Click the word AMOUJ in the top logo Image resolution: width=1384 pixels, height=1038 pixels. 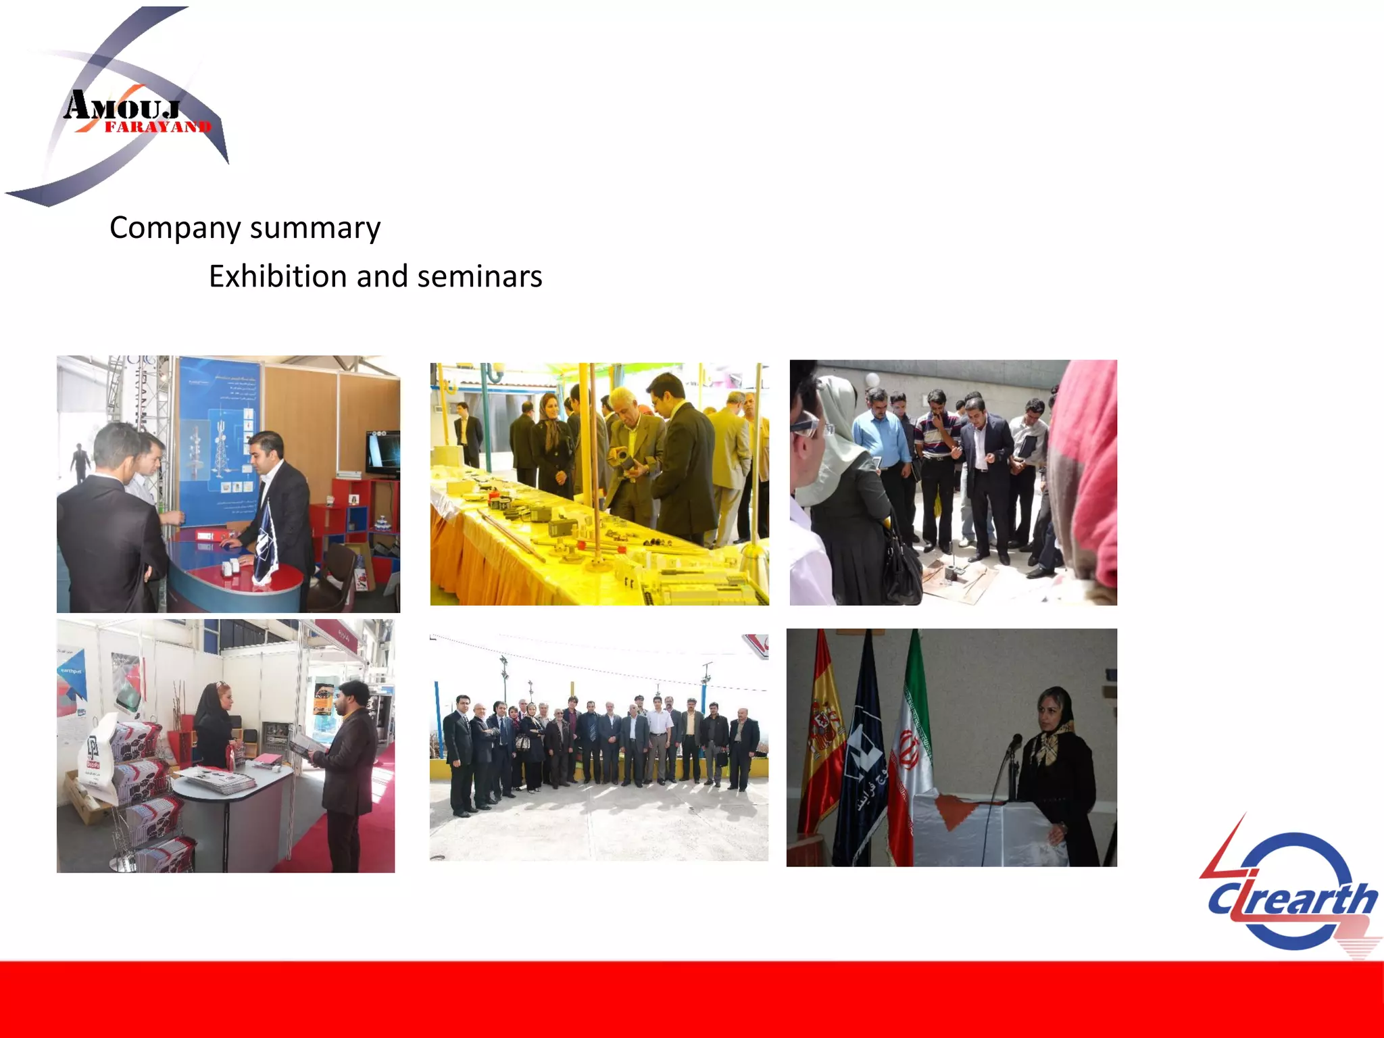[122, 107]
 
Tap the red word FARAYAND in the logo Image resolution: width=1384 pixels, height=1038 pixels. [158, 127]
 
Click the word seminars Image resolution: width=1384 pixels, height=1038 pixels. [480, 276]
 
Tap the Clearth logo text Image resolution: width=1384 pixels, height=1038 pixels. [1292, 899]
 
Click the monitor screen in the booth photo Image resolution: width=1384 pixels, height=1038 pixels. [382, 451]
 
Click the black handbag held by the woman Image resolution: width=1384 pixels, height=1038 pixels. [901, 568]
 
